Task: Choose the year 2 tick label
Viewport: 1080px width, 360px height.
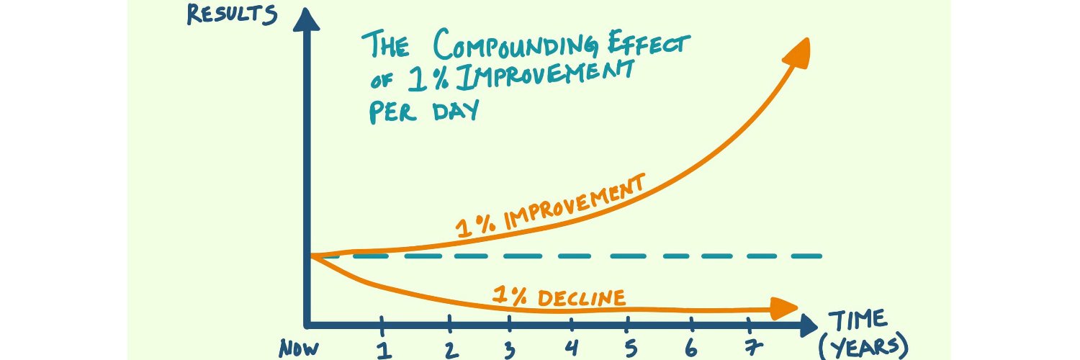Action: tap(450, 350)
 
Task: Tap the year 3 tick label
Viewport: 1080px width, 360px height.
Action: tap(509, 350)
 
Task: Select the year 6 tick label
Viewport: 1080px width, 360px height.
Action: tap(690, 350)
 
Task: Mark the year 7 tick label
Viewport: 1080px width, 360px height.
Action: tap(752, 350)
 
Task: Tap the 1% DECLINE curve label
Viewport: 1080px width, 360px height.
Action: tap(559, 295)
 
